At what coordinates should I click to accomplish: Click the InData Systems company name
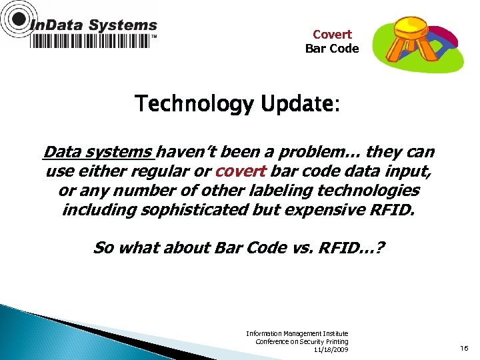[93, 25]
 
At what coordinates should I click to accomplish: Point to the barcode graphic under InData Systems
[91, 41]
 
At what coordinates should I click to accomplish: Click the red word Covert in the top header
[332, 34]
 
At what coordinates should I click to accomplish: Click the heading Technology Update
[237, 104]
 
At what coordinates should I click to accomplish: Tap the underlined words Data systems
[98, 153]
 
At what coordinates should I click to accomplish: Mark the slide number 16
[465, 347]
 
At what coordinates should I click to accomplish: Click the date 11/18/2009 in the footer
[331, 350]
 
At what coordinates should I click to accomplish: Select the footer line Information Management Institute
[297, 333]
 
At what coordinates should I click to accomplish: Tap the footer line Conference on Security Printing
[301, 341]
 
